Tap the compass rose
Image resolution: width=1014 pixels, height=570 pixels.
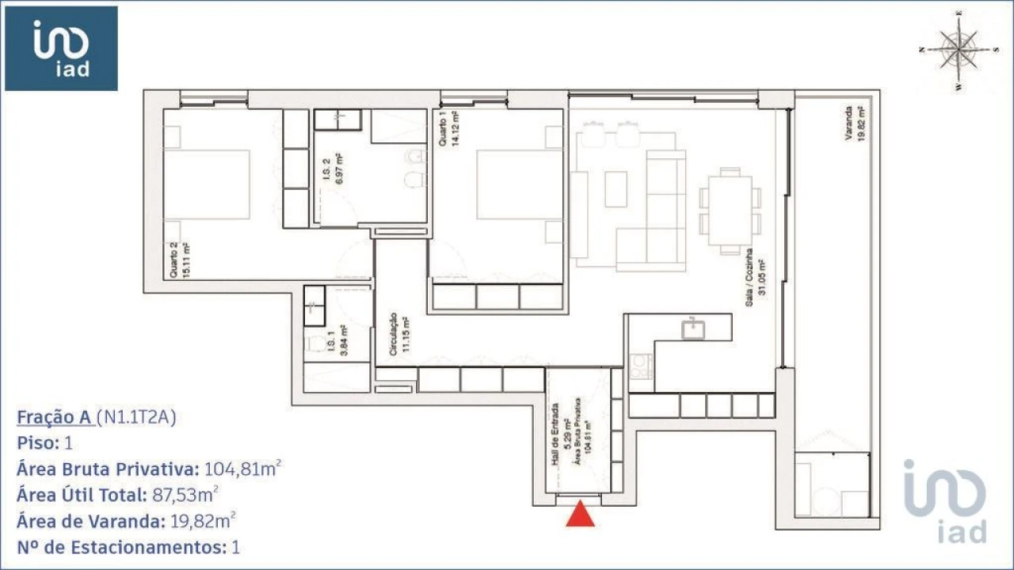959,49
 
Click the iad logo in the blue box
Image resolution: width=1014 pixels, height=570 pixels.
61,48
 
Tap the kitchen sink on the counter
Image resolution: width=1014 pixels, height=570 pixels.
695,328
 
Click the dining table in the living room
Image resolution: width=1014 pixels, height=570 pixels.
730,210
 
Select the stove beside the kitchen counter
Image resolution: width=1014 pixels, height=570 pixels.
640,367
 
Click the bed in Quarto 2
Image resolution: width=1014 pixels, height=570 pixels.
208,184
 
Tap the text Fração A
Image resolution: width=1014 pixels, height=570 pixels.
54,417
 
